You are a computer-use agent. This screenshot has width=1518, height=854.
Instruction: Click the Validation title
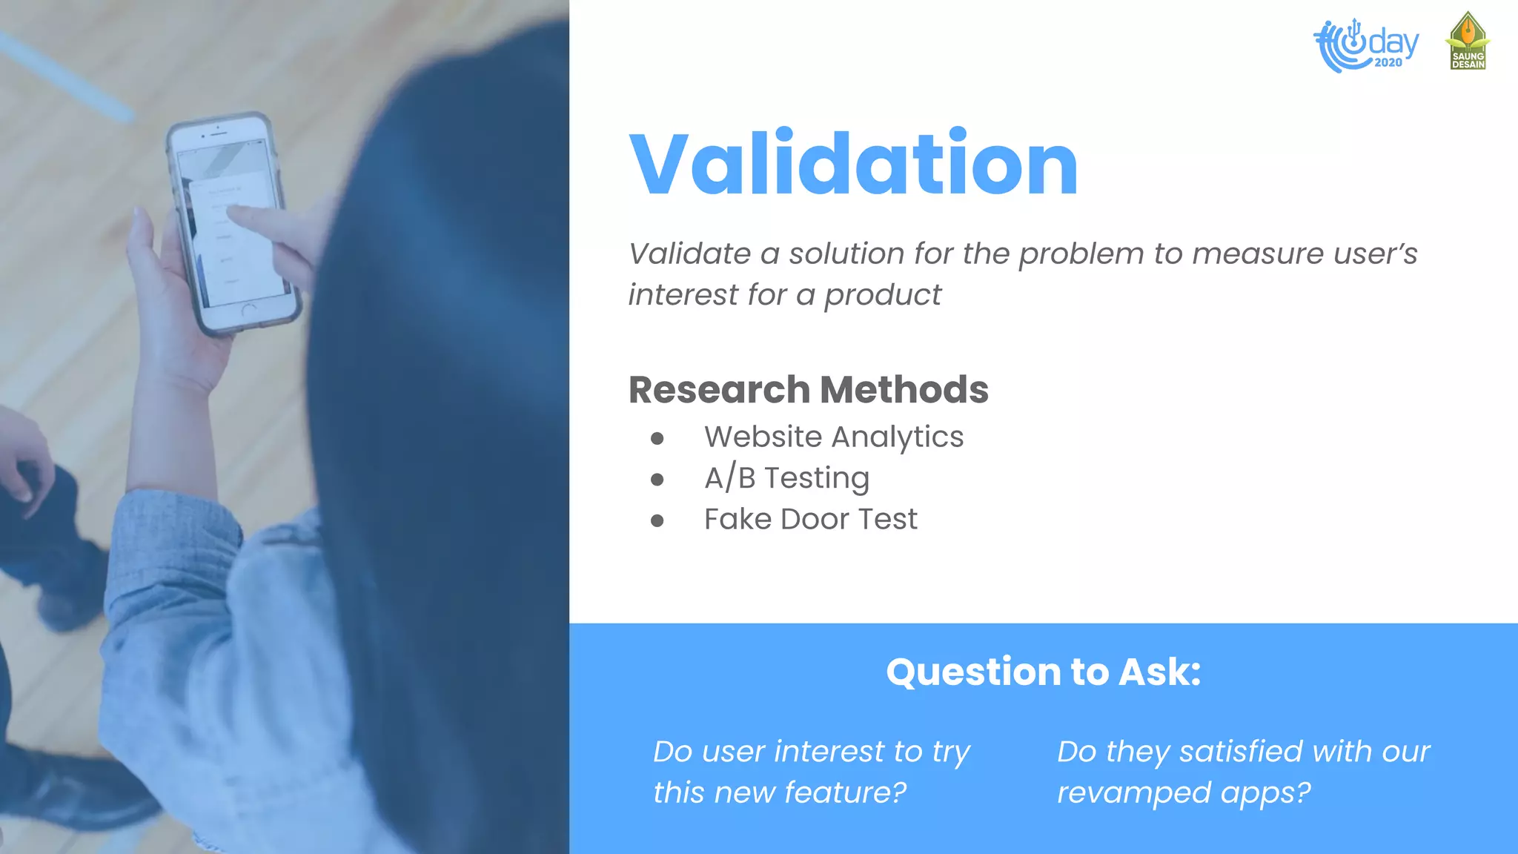pos(853,164)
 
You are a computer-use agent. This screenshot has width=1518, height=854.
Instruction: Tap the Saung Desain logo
pos(1468,42)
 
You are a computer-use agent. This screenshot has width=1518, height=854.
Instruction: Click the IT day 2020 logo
pos(1365,45)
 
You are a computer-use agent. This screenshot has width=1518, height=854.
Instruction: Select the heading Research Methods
pos(808,390)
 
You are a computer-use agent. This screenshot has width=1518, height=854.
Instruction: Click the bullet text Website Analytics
pos(833,437)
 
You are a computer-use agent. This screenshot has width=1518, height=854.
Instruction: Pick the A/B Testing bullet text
pos(786,478)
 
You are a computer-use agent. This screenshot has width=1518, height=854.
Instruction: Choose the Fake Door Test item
pos(810,520)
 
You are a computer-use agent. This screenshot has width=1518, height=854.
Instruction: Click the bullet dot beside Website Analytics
pos(657,439)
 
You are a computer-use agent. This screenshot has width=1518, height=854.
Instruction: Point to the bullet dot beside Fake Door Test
pos(657,521)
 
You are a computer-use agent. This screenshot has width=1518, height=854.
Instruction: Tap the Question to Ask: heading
pos(1043,672)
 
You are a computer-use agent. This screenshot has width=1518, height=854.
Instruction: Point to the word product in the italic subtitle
pos(883,295)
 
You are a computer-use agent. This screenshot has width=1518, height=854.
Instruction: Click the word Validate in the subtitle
pos(689,254)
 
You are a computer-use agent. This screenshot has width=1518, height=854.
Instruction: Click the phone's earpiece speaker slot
pos(216,132)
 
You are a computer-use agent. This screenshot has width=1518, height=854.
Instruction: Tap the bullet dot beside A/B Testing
pos(657,480)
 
